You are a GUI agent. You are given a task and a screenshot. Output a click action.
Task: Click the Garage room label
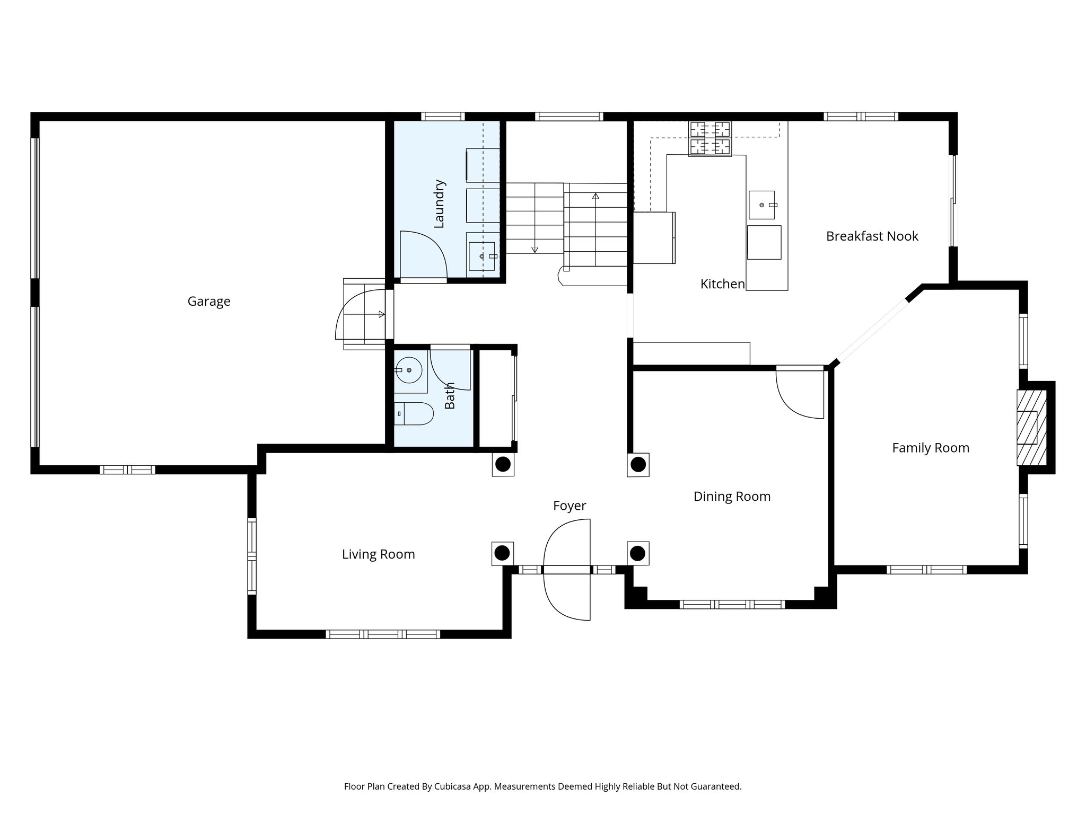click(209, 302)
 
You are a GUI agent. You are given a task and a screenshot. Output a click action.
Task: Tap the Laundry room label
click(439, 204)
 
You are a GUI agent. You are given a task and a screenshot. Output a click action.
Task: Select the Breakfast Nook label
click(872, 236)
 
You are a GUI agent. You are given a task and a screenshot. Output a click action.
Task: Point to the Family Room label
click(930, 448)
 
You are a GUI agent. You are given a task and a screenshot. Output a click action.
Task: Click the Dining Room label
click(732, 497)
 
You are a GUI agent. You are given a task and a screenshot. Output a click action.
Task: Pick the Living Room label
click(378, 554)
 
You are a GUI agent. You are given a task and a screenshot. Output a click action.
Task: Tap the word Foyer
click(570, 506)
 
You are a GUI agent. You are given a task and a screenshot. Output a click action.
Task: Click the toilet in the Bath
click(414, 414)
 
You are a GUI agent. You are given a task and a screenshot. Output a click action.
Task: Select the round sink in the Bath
click(409, 370)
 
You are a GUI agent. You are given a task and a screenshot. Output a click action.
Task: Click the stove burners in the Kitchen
click(710, 138)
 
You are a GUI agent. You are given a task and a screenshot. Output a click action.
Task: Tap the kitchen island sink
click(761, 205)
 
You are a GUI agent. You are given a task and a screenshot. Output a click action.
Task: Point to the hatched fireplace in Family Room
click(1031, 428)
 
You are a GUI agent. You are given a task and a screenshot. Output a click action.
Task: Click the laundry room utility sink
click(481, 256)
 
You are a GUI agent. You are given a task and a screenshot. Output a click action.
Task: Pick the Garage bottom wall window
click(127, 470)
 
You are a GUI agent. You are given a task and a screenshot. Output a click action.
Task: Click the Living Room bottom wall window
click(382, 634)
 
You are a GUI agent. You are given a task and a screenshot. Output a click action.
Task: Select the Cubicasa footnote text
click(542, 786)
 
